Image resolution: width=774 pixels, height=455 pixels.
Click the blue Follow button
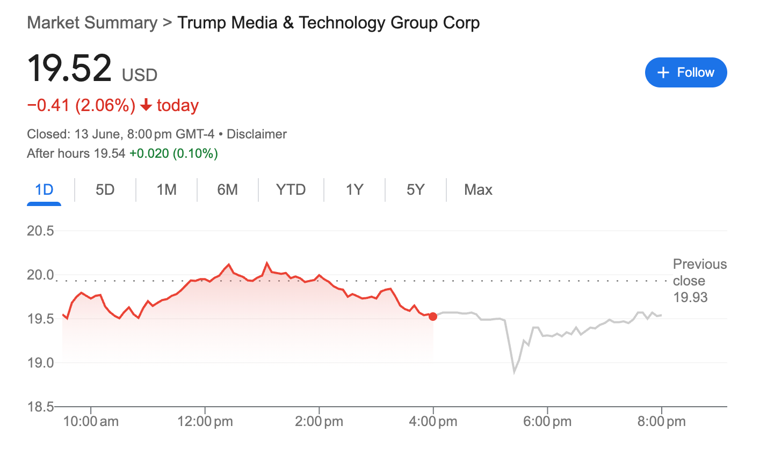[685, 72]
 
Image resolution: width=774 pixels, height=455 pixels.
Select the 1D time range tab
[44, 190]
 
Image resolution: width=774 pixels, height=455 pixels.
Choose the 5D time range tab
[105, 190]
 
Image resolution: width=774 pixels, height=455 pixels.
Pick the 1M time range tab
[167, 190]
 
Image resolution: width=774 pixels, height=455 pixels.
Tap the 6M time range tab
[227, 190]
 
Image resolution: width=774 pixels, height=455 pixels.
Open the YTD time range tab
[291, 190]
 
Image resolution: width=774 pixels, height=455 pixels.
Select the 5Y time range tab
[415, 190]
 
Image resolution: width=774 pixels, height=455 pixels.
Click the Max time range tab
[478, 190]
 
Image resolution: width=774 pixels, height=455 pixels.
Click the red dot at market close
[433, 317]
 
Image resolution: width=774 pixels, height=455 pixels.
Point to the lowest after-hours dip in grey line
[514, 372]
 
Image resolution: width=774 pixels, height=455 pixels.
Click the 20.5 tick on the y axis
[41, 231]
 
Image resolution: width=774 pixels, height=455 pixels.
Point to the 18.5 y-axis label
[41, 407]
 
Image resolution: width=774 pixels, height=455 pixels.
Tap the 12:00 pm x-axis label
[205, 422]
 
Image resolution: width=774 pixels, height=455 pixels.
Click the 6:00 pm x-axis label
[547, 422]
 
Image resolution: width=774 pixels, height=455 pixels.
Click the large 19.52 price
[69, 69]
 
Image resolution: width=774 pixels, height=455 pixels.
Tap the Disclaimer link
[257, 134]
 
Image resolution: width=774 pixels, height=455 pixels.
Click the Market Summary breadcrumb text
[92, 23]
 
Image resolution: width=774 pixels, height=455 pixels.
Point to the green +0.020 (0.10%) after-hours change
[173, 154]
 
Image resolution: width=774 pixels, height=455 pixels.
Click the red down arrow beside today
[146, 106]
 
